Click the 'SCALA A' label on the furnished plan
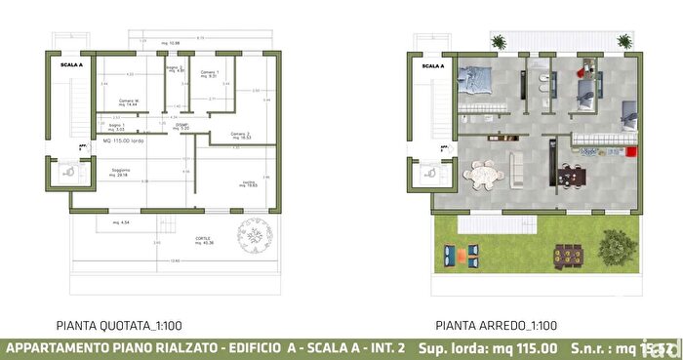[433, 66]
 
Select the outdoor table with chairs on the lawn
[567, 255]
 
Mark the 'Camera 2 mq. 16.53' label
[241, 136]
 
